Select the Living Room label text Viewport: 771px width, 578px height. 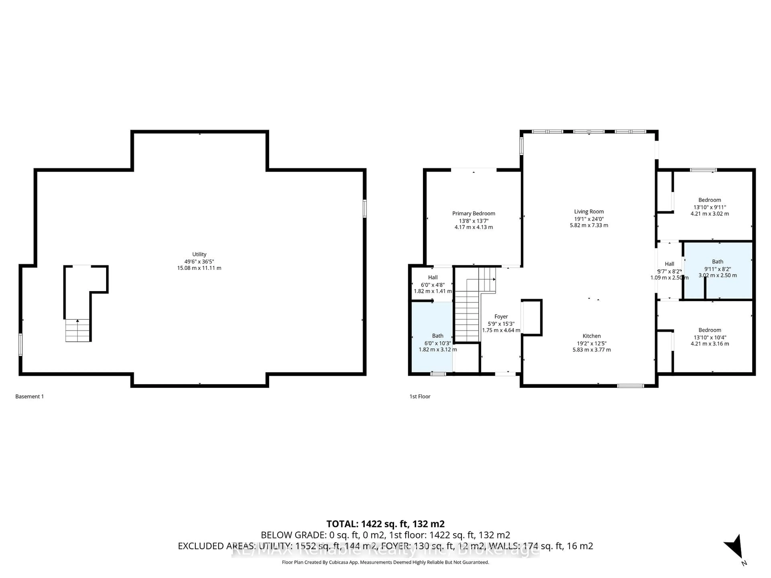coord(589,212)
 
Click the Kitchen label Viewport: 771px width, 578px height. coord(592,336)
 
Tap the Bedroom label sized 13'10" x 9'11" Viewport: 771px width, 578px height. coord(709,200)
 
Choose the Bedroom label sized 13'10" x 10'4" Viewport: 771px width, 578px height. coord(709,330)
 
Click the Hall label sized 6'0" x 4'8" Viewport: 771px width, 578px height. coord(432,277)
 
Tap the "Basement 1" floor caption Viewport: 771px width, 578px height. coord(30,397)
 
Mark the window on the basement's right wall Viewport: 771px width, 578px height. coord(365,208)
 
